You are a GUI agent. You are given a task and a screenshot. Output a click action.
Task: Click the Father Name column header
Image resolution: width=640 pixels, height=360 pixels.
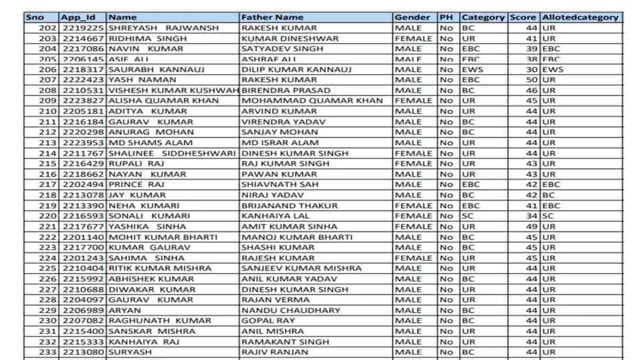pos(272,17)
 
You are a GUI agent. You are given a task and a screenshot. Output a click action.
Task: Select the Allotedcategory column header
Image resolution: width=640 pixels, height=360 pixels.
pos(580,17)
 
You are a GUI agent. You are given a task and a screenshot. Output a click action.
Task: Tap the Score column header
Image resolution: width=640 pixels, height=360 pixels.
pos(523,17)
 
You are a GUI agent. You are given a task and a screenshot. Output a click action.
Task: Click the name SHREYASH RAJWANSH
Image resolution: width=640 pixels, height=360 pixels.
pos(163,28)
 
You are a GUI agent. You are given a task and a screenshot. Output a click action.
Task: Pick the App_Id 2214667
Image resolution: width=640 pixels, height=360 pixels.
pos(83,38)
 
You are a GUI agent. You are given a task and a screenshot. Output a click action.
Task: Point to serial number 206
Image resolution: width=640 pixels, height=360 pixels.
pos(48,69)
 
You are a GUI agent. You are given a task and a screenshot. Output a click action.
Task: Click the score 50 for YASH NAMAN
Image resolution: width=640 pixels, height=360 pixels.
pos(531,80)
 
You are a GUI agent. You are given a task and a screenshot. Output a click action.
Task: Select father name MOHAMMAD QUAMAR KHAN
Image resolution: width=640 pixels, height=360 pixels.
pos(312,100)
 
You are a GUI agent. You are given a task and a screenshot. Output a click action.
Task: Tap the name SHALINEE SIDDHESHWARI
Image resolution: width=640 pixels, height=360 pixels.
pos(171,153)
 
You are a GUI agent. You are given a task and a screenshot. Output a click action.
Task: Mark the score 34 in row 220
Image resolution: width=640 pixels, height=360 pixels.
pos(531,216)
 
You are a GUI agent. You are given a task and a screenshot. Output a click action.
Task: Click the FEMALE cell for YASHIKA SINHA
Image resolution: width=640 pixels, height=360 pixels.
pos(413,226)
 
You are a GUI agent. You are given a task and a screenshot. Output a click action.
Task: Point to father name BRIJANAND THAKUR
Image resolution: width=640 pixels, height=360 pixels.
pos(289,205)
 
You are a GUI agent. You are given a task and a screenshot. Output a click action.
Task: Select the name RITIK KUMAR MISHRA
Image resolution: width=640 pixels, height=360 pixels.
pos(160,268)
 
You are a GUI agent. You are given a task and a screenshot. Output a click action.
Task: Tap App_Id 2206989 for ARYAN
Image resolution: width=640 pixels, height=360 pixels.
pos(83,310)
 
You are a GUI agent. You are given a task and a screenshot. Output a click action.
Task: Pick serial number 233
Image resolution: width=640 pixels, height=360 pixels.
pos(48,352)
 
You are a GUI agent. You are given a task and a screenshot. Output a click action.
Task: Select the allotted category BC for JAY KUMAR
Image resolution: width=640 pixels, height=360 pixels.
pos(548,195)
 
